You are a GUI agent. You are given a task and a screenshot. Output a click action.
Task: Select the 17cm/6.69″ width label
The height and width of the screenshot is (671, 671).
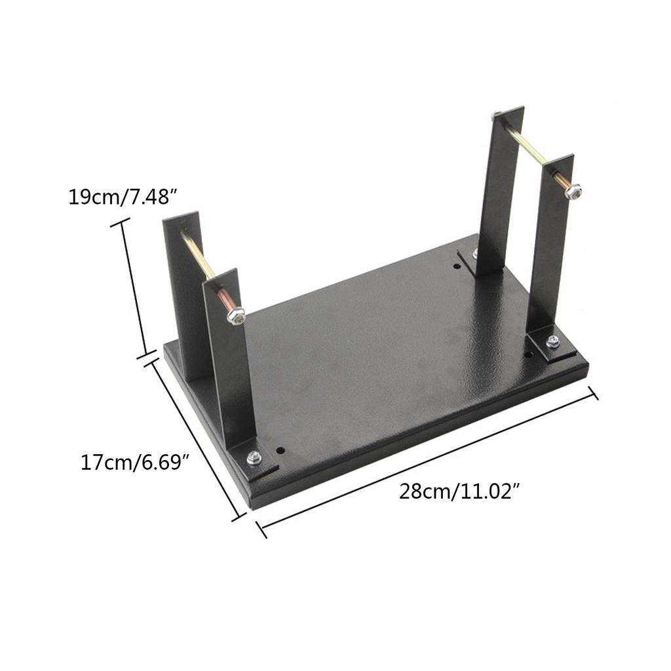(x=135, y=463)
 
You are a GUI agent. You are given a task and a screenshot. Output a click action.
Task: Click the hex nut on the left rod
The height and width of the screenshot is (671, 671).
(x=236, y=316)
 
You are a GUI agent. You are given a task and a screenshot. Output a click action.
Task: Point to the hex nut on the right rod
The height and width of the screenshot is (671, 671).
(x=573, y=191)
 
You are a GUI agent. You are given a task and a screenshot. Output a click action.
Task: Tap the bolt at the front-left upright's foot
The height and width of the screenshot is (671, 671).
(x=254, y=458)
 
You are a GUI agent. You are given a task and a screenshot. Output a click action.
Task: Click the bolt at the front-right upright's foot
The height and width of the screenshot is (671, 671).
(x=552, y=341)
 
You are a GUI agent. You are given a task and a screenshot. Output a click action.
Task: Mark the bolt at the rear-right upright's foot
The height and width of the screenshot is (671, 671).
(x=475, y=253)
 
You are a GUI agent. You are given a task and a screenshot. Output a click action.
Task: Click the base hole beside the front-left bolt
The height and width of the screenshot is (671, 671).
(x=280, y=451)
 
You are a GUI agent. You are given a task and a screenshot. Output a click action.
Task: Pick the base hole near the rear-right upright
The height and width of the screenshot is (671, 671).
(x=457, y=266)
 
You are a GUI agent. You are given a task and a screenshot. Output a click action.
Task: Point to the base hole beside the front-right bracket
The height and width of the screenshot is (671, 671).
(x=528, y=355)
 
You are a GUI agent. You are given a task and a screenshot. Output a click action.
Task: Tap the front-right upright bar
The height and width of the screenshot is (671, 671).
(x=549, y=242)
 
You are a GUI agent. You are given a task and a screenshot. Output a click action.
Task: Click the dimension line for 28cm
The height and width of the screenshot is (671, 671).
(x=426, y=461)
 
